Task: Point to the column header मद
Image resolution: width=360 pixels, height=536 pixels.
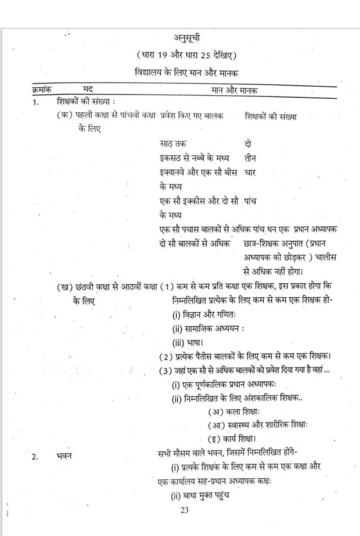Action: tap(88, 90)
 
